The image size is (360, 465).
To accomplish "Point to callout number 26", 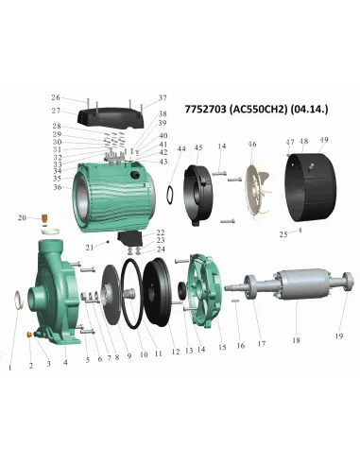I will [55, 97].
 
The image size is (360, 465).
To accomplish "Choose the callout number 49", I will [323, 142].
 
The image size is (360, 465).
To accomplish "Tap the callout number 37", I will [162, 97].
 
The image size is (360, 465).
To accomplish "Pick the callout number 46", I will [252, 144].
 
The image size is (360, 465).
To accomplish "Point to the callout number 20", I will [21, 218].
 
